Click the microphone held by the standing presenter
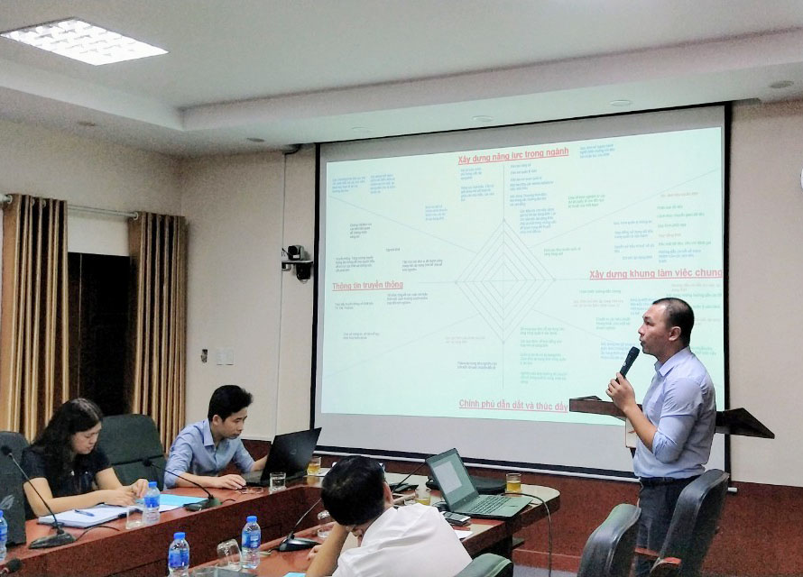click(629, 361)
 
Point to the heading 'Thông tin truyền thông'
click(367, 286)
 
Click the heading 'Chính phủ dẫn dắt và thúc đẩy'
click(512, 406)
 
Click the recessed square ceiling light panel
click(83, 41)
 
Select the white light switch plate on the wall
click(220, 356)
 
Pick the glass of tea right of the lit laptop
click(512, 483)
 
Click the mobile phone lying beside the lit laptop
click(456, 518)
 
